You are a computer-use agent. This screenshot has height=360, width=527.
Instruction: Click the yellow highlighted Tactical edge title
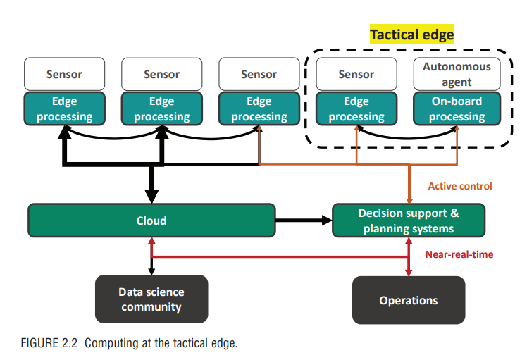point(411,34)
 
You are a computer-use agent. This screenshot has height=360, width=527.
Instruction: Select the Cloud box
point(151,221)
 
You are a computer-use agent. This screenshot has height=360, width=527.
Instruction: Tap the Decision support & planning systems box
point(409,221)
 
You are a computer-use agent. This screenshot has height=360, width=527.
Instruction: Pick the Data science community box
point(151,299)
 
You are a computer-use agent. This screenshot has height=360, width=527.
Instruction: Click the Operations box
point(409,300)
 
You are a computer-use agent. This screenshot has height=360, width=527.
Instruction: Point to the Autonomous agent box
point(457,74)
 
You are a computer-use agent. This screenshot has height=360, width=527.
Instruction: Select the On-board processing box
point(457,108)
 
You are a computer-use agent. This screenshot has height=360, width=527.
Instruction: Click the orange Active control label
point(460,186)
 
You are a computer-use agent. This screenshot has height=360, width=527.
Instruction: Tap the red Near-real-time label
point(459,254)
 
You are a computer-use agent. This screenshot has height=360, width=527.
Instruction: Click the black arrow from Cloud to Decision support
point(304,221)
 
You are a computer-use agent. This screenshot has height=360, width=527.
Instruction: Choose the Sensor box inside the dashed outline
point(356,74)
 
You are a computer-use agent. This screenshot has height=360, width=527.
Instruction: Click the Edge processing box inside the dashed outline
point(356,108)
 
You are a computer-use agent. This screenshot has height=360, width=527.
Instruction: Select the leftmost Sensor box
point(64,74)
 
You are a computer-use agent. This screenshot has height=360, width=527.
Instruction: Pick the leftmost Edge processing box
point(64,108)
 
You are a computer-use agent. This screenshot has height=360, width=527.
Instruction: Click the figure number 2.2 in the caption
point(70,343)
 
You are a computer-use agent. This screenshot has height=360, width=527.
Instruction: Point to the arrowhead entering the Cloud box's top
point(151,197)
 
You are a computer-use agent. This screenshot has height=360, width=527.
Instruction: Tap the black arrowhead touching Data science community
point(151,272)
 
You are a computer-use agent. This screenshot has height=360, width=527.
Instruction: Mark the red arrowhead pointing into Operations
point(409,273)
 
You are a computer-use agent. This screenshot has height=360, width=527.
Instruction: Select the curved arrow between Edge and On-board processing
point(407,138)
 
